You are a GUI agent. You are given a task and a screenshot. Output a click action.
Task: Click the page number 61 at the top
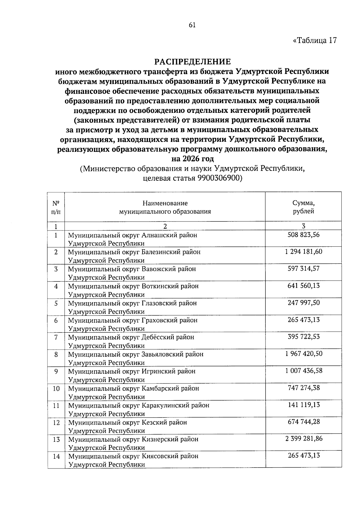(x=192, y=26)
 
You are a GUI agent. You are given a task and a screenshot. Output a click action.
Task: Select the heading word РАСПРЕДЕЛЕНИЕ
(x=193, y=62)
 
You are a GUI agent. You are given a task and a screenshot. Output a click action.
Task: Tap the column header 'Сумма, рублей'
(x=303, y=207)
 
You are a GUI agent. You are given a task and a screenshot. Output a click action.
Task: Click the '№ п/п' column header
(x=56, y=207)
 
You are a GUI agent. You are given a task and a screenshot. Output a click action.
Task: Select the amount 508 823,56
(x=303, y=235)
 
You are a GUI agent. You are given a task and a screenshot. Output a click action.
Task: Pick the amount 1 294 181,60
(x=303, y=251)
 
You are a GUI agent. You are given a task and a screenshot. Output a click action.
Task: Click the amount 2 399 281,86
(x=303, y=439)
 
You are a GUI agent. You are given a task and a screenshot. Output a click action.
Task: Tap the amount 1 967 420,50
(x=303, y=354)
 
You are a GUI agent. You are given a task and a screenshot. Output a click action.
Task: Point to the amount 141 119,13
(x=303, y=405)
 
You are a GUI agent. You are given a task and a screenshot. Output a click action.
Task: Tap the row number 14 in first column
(x=56, y=456)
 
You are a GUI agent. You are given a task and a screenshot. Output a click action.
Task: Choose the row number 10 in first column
(x=56, y=389)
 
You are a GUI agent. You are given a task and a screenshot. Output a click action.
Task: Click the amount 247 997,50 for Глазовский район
(x=303, y=303)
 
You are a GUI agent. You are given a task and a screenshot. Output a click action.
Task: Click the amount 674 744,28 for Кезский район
(x=303, y=422)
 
